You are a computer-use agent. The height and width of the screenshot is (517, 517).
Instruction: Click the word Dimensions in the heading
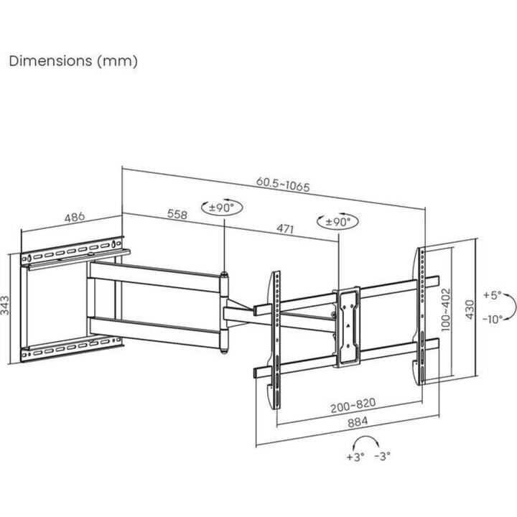click(51, 61)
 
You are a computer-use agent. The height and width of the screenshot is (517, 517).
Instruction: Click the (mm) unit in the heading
click(117, 62)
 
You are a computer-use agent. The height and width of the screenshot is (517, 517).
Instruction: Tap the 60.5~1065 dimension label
click(283, 185)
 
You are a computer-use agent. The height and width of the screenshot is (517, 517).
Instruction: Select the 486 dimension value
click(75, 218)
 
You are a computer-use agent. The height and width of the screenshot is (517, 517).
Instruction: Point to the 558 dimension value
click(177, 214)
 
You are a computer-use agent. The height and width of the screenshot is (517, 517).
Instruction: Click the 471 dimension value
click(285, 228)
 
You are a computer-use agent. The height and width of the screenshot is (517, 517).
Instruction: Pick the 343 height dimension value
click(5, 305)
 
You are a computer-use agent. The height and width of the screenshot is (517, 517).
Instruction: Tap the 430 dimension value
click(470, 309)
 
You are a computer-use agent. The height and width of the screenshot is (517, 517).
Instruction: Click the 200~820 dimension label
click(353, 405)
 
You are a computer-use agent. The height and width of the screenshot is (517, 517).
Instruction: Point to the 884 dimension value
click(358, 422)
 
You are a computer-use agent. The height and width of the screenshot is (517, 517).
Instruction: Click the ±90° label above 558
click(222, 208)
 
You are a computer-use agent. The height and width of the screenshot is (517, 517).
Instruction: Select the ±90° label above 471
click(337, 221)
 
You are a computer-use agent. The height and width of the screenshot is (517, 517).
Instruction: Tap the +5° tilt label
click(493, 295)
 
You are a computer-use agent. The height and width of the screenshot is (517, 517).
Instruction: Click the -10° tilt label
click(493, 319)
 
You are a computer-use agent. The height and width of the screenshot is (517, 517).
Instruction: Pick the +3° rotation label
click(355, 457)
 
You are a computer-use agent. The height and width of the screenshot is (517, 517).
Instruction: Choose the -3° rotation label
click(383, 456)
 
